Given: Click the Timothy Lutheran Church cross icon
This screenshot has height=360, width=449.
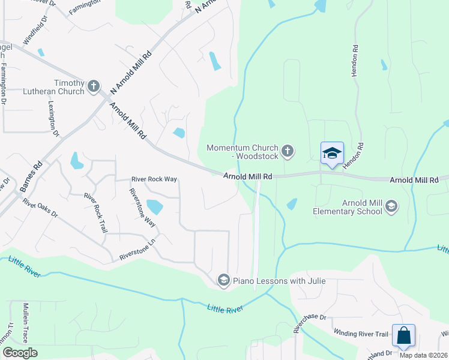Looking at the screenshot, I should point(93,87).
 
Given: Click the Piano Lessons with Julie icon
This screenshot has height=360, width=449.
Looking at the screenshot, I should point(223,280).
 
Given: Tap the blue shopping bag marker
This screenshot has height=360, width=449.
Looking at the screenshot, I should point(403,335).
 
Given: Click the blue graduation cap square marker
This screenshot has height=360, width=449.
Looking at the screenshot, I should point(331,154).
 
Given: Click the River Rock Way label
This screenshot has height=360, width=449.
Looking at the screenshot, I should point(154,179).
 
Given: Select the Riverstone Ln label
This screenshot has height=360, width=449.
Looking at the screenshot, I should point(137,256).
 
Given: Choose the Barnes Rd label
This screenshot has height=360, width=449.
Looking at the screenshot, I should point(31,176).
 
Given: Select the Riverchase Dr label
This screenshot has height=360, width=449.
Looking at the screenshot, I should point(309,323).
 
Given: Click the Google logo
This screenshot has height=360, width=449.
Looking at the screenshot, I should point(20,353).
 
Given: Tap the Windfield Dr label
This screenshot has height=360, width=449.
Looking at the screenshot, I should point(34,34).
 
